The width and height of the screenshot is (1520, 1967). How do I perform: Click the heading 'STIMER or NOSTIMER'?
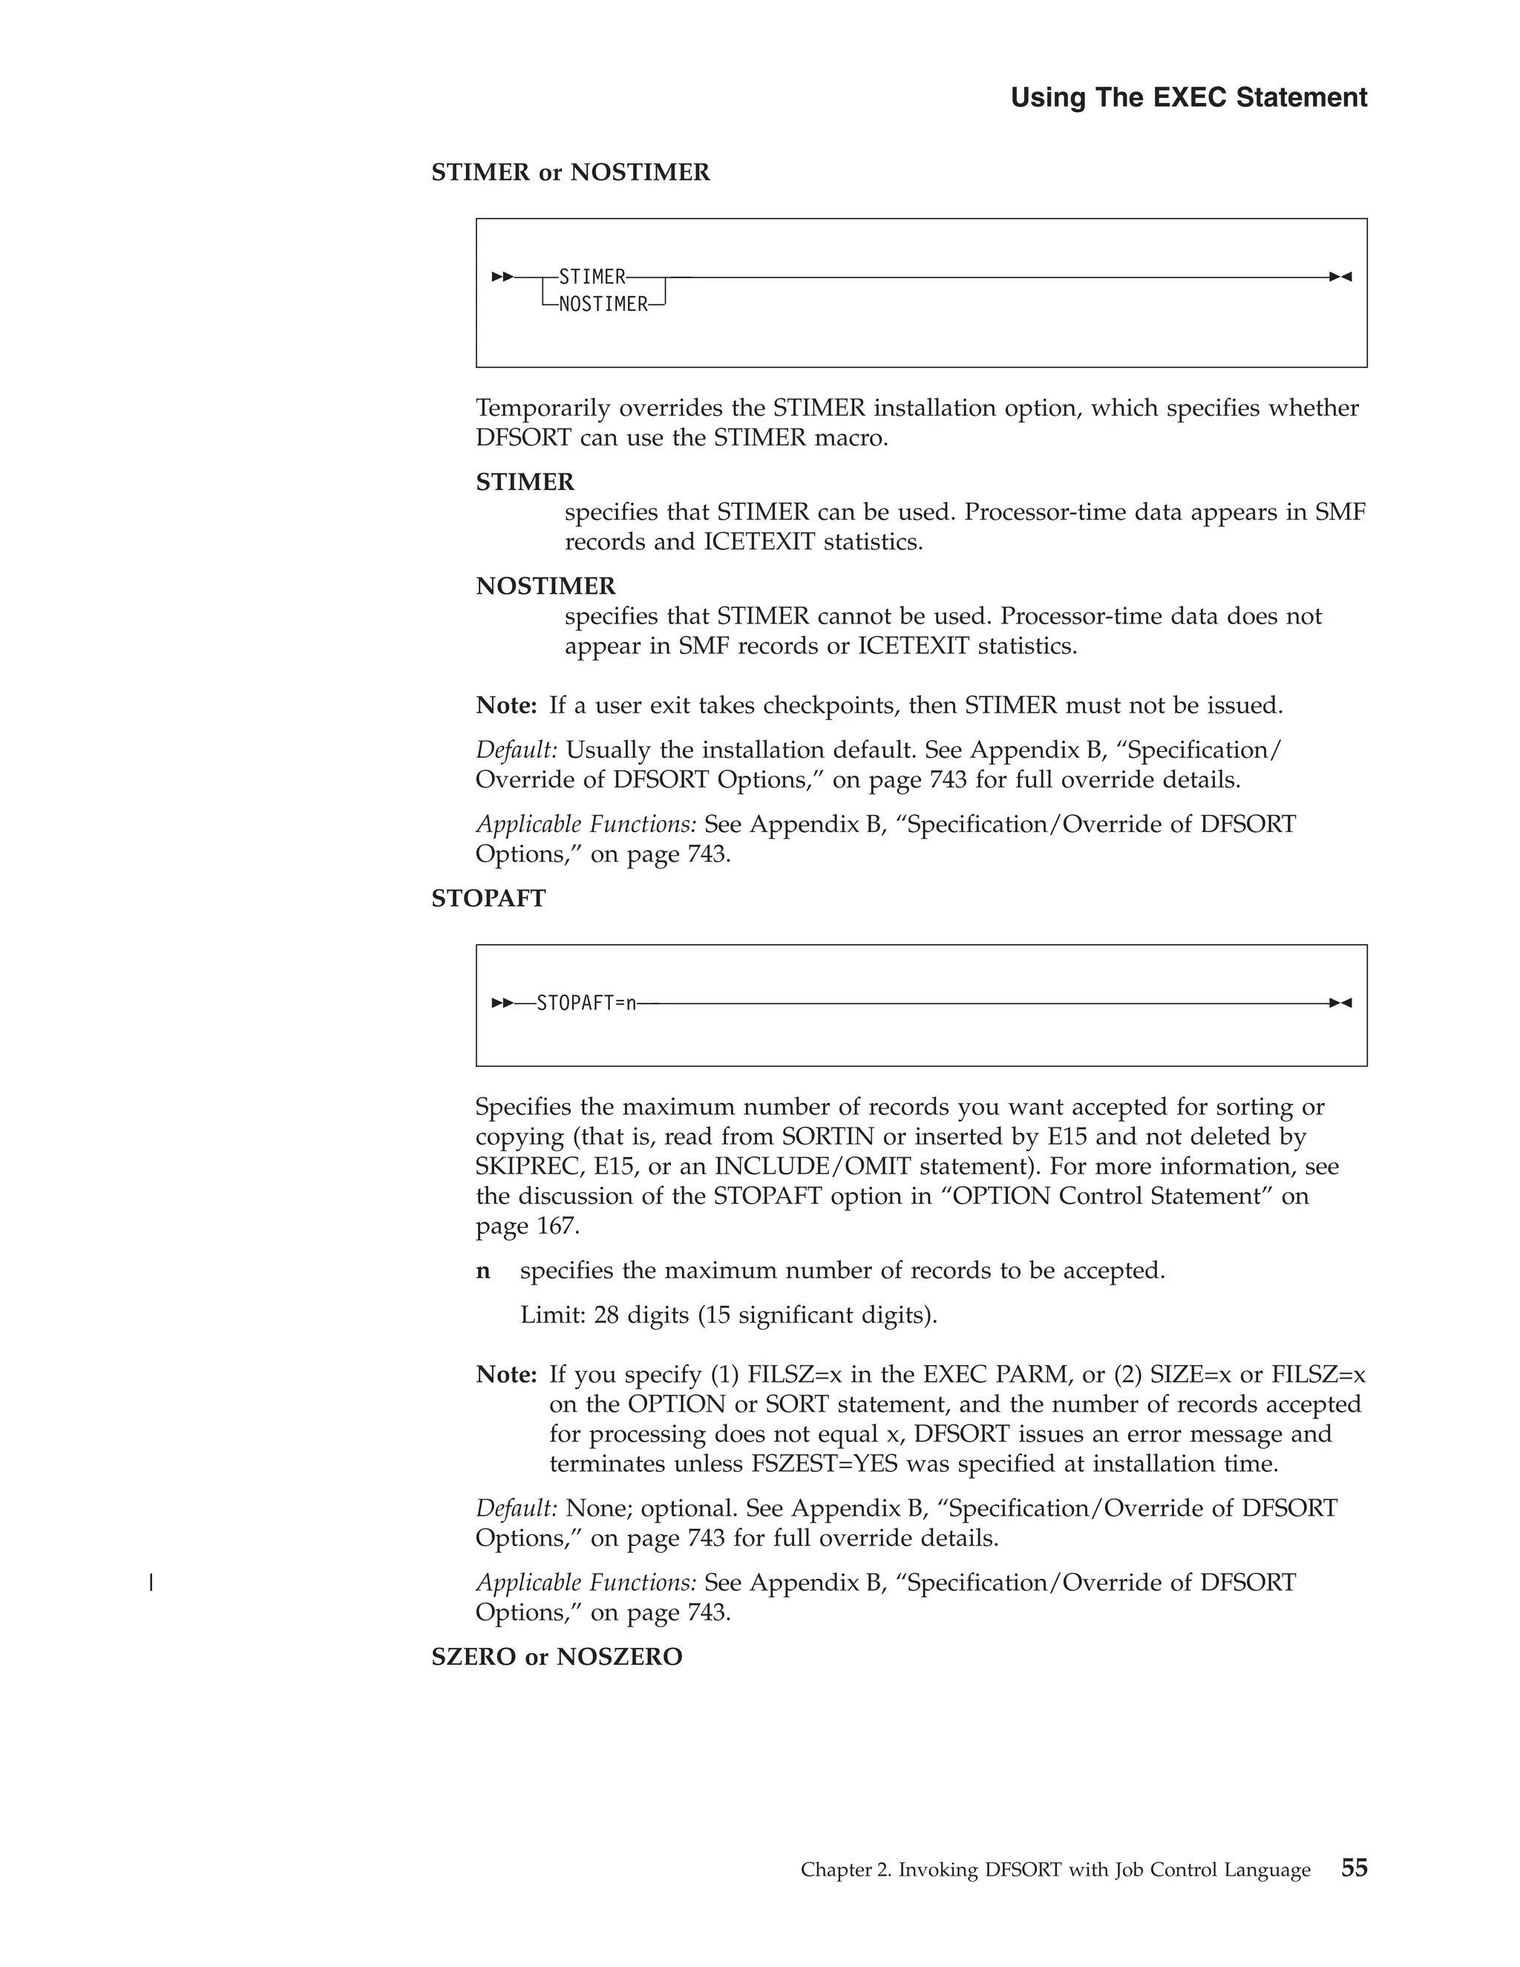[570, 172]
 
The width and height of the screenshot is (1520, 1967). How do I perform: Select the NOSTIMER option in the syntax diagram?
[603, 305]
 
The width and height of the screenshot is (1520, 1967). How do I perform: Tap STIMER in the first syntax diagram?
[592, 277]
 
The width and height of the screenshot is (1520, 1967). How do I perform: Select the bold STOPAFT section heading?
[488, 899]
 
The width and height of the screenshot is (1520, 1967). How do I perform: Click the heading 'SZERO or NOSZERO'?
[557, 1656]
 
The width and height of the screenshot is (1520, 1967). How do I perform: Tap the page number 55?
[1354, 1868]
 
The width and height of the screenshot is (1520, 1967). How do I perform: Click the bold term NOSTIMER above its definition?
[546, 586]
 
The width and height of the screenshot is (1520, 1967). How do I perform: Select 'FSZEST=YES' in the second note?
[825, 1464]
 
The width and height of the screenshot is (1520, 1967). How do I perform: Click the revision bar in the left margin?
[151, 1583]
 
